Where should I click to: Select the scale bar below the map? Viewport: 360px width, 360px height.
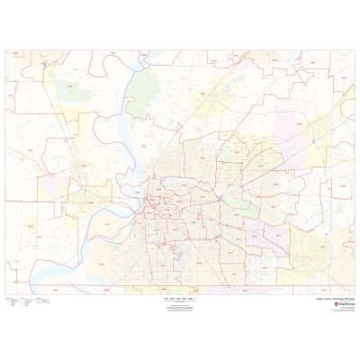(x=179, y=296)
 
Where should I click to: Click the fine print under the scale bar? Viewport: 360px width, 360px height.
(x=179, y=304)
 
